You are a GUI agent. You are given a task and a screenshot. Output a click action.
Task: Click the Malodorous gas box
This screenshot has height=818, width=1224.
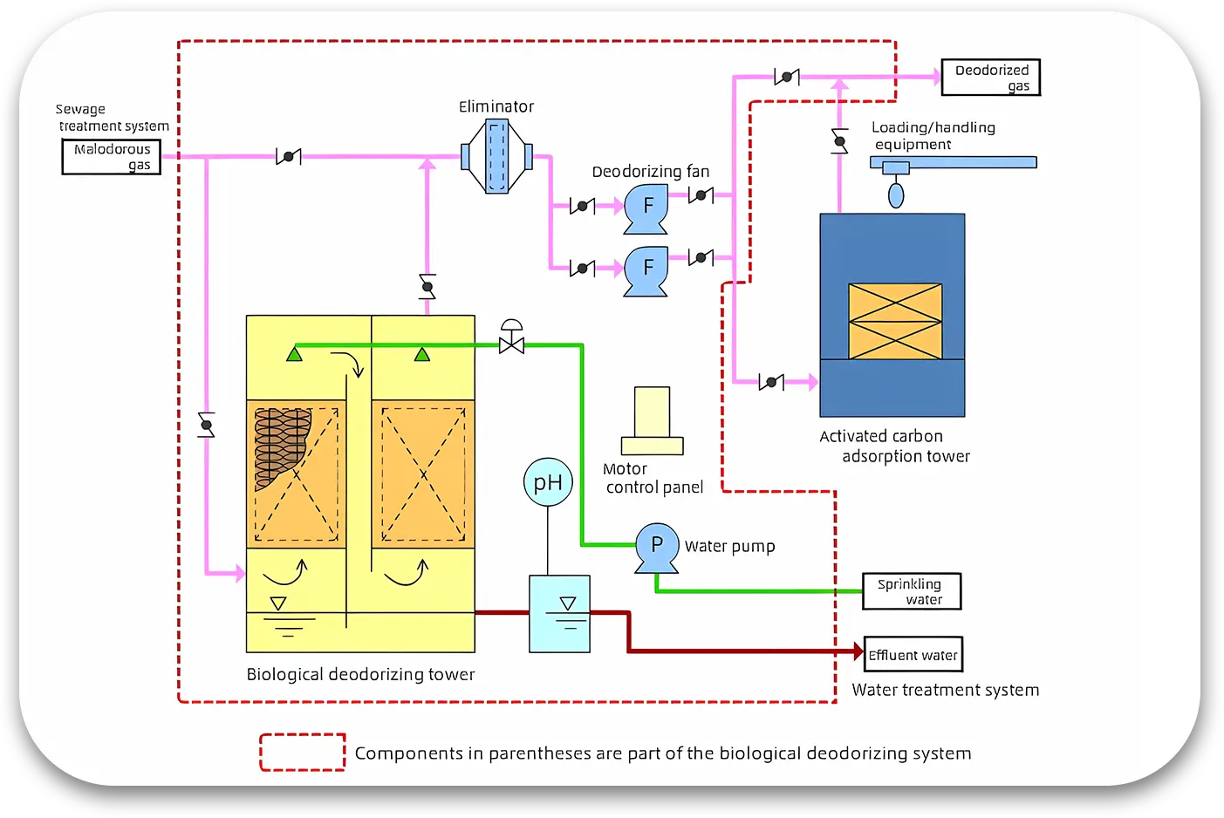coord(112,157)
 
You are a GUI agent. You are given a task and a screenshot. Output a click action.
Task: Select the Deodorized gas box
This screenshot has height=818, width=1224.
coord(991,78)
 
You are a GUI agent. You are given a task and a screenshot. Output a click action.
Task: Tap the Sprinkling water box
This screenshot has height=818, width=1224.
coord(912,591)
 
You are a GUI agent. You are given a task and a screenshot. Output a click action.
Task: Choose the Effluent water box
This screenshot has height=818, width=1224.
coord(913,655)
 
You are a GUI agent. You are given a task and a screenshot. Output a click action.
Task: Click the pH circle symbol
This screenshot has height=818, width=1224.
coord(548,482)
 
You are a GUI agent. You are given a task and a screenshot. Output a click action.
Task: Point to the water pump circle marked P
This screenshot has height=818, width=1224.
coord(657,545)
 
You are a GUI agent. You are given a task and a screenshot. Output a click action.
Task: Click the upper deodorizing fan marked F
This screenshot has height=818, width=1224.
coord(646,208)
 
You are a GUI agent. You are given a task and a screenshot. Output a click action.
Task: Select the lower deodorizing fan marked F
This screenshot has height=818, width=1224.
coord(646,269)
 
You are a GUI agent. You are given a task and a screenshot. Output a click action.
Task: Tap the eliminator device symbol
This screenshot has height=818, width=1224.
coord(496,157)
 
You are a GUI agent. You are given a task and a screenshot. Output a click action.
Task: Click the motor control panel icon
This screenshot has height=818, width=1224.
coord(653,421)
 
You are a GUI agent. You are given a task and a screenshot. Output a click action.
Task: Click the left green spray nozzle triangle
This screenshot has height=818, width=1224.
coord(294,353)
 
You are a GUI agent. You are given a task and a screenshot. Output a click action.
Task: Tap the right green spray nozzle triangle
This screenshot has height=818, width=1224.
coord(422,353)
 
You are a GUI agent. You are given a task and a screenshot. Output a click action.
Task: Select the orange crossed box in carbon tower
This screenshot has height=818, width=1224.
coord(895,321)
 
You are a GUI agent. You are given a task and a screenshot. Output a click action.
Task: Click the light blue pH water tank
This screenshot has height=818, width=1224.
coord(559,614)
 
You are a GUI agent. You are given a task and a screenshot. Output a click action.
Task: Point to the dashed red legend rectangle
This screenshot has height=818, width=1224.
coord(303,753)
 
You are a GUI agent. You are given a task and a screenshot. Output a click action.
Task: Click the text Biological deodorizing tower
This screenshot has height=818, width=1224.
coord(360,674)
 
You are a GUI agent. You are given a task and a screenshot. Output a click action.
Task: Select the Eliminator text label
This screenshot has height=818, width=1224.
coord(496,106)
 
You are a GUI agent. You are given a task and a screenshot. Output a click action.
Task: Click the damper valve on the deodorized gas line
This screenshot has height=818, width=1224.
coord(787,77)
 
